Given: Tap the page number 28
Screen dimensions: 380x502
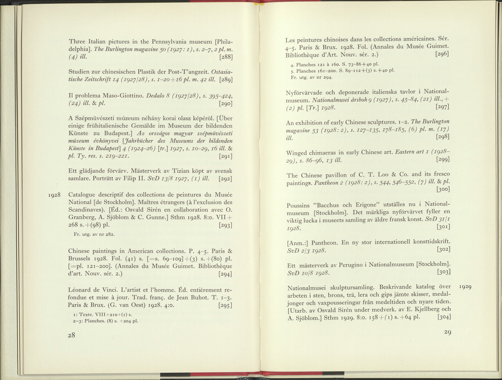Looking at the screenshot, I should point(72,335).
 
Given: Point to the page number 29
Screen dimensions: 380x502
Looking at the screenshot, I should point(447,332).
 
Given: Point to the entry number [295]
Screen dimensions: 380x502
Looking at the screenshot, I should point(225,306).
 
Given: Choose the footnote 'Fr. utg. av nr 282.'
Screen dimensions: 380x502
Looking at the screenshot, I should point(94,235).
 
